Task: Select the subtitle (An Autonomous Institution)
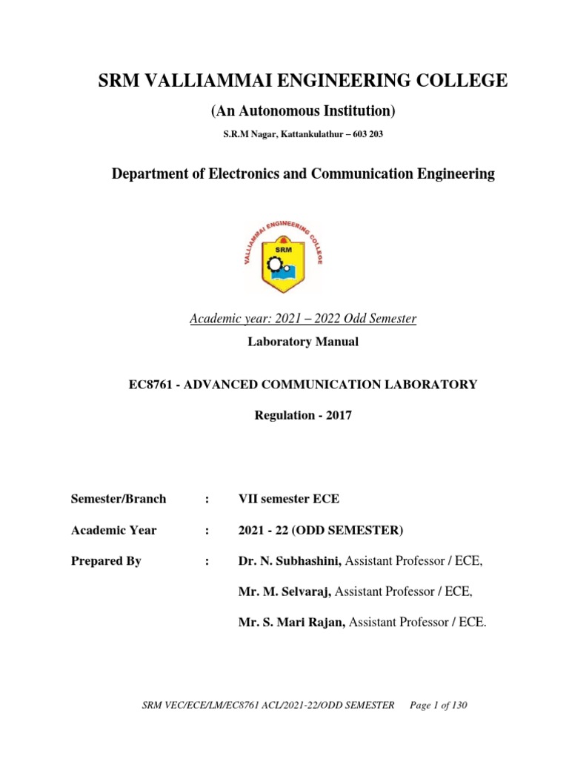[x=304, y=111]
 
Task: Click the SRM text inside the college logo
[x=284, y=248]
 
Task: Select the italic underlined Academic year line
[x=303, y=319]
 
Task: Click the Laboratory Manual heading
[x=303, y=342]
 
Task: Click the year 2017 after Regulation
[x=336, y=416]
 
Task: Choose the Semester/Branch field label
[x=119, y=499]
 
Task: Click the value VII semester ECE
[x=289, y=499]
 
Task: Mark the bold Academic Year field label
[x=113, y=530]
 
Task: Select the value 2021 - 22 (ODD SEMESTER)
[x=320, y=530]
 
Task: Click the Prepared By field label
[x=106, y=561]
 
